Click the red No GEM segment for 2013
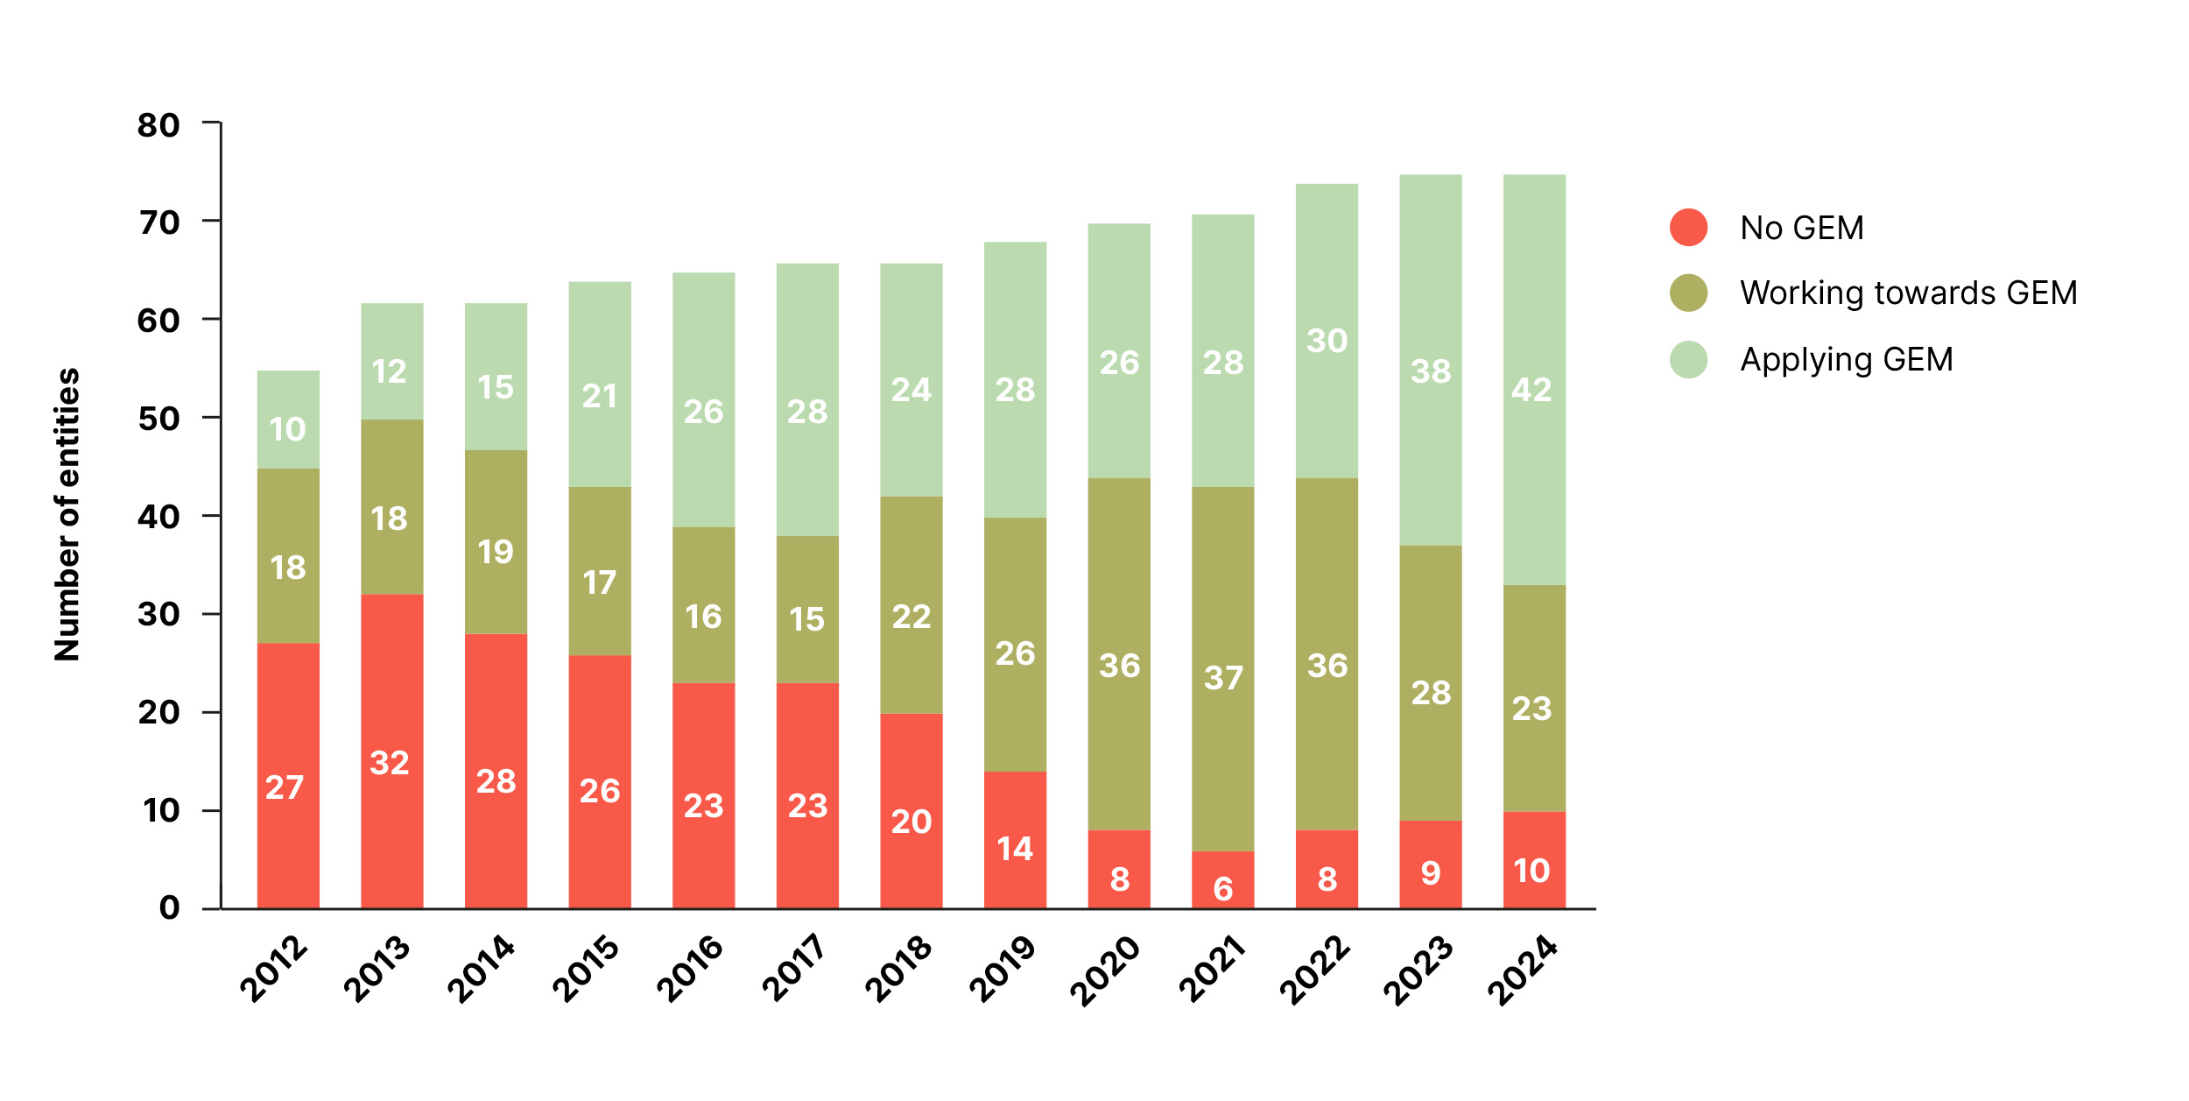click(391, 751)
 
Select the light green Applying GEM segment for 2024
click(1534, 379)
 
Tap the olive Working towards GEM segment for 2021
click(1222, 668)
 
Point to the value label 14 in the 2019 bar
click(1015, 849)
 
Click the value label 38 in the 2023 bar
click(1431, 371)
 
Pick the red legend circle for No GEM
click(1688, 228)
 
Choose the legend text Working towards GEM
click(1909, 293)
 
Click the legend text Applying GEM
click(1846, 359)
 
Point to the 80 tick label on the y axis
click(158, 125)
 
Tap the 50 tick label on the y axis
click(158, 419)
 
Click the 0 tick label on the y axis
click(170, 907)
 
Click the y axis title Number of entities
click(67, 514)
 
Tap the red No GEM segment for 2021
click(1222, 879)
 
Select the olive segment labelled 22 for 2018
click(911, 604)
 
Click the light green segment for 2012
click(288, 419)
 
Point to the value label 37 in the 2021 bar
click(1222, 677)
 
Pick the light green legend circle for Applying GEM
click(1688, 359)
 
